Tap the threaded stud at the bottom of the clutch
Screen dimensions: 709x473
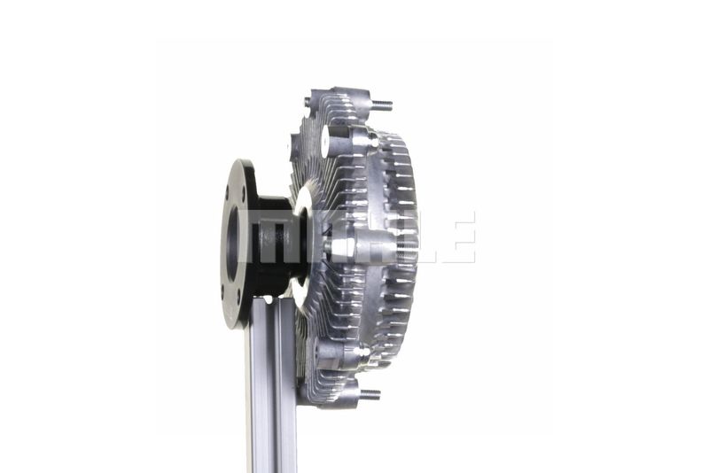tap(370, 394)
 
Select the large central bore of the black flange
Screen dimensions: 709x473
tap(232, 244)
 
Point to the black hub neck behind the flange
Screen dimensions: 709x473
tap(275, 243)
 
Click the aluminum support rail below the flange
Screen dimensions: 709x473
tap(271, 384)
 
